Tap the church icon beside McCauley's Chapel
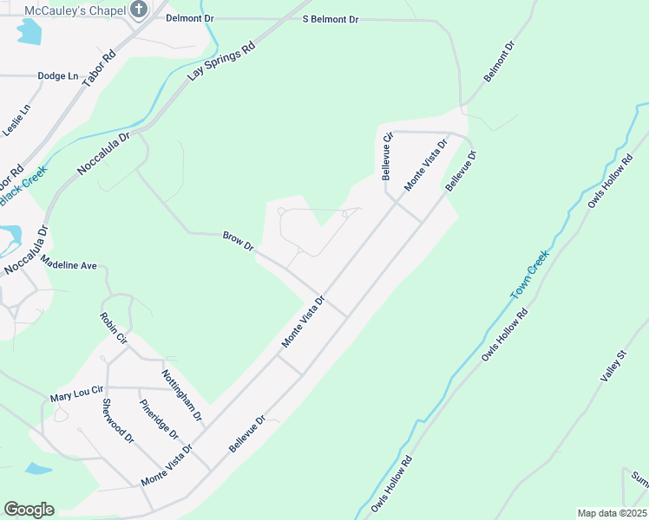(x=140, y=10)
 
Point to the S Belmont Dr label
(x=331, y=18)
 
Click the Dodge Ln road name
(x=58, y=76)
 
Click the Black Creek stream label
(x=21, y=187)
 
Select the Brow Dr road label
(x=238, y=241)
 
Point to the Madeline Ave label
(x=69, y=265)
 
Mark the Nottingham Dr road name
(x=181, y=394)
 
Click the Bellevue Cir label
(x=388, y=156)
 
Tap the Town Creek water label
(x=529, y=276)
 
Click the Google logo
(x=29, y=510)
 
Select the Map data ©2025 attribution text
(x=611, y=513)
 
